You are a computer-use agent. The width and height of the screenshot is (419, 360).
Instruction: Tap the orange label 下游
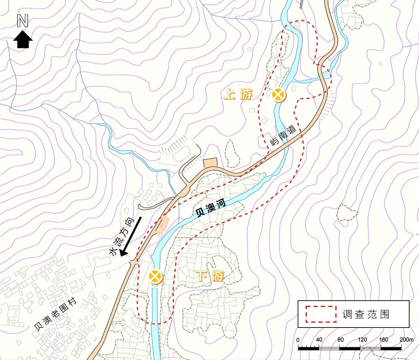(x=210, y=277)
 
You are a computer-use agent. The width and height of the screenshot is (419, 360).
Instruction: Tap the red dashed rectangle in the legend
(x=321, y=314)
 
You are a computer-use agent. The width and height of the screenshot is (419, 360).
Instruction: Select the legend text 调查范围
(x=365, y=314)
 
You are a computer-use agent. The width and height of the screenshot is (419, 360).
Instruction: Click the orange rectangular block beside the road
(x=211, y=162)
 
